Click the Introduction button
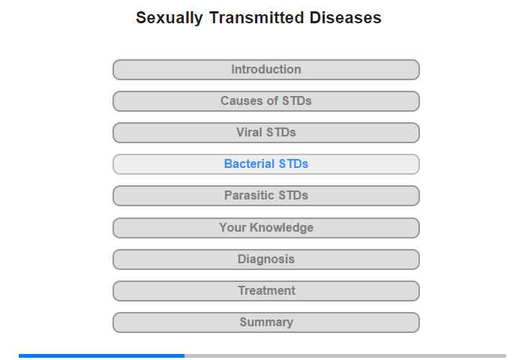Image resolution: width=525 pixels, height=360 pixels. tap(266, 70)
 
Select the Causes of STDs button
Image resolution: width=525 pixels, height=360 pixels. tap(266, 101)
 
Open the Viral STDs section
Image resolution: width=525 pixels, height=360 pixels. tap(266, 133)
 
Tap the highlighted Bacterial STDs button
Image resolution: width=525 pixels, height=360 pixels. tap(266, 164)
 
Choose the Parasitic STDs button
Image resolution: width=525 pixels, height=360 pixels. tap(266, 196)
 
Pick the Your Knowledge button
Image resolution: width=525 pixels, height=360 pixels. tap(266, 228)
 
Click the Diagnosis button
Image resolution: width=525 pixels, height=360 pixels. tap(266, 259)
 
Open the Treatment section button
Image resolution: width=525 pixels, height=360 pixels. tap(266, 291)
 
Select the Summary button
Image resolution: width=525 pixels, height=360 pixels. tap(266, 322)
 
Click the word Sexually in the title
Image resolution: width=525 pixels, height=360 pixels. tap(169, 18)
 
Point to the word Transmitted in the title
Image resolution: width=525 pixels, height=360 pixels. tap(256, 17)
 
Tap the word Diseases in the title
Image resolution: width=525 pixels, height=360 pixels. tap(346, 17)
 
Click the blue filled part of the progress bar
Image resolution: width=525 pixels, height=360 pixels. tap(101, 355)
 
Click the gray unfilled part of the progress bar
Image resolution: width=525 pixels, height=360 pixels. tap(345, 355)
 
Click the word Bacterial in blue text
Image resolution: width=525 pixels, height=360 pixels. tap(250, 163)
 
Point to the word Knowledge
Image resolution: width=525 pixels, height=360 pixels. tap(281, 228)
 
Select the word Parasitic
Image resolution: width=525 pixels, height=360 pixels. tap(250, 195)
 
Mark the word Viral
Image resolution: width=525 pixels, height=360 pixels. tap(249, 132)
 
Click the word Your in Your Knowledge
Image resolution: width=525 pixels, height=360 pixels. tap(232, 227)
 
